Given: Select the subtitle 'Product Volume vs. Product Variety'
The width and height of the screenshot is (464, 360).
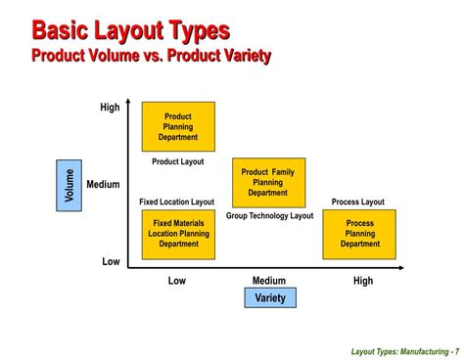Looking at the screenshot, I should [152, 55].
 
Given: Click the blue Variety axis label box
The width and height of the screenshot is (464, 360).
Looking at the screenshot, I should [270, 298].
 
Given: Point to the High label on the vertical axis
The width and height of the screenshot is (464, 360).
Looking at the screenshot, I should [110, 108].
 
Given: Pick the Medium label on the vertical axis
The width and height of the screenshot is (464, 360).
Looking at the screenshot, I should [103, 184].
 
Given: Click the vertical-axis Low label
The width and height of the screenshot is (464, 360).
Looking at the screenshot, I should [111, 261].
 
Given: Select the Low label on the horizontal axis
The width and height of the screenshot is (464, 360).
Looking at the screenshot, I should [177, 281].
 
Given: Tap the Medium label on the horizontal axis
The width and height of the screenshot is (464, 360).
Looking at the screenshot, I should [269, 281].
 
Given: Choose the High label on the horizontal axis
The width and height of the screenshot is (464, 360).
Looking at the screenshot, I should [363, 281].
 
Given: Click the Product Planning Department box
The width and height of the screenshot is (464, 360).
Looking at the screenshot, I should [178, 127].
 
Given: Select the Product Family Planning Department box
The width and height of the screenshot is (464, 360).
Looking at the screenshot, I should [268, 182].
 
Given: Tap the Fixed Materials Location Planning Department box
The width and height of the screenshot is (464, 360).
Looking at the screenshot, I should [178, 234].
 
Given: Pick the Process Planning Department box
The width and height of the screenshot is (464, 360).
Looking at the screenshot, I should [359, 234].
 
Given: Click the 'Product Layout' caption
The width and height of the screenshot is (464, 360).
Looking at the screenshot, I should [178, 161].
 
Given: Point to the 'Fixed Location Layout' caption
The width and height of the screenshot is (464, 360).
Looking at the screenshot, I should [177, 202].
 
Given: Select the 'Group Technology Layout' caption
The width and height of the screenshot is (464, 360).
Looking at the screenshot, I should [269, 214].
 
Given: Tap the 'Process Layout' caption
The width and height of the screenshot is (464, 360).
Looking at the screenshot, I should [358, 202].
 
